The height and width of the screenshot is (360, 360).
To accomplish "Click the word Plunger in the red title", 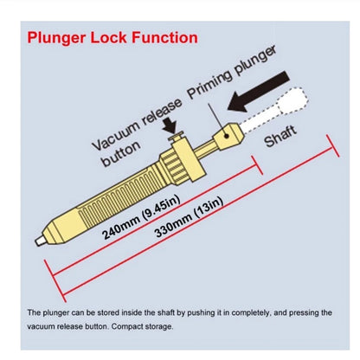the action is (56, 39).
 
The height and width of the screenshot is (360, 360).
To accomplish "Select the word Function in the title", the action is (165, 37).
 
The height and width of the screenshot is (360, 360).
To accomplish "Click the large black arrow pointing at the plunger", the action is (258, 92).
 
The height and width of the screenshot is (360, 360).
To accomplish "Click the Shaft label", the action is (280, 136).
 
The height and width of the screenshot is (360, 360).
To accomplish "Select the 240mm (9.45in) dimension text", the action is (141, 217).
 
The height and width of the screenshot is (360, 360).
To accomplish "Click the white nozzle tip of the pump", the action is (40, 241).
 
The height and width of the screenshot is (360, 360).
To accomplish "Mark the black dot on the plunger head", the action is (227, 135).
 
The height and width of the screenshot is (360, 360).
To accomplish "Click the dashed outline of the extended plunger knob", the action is (292, 101).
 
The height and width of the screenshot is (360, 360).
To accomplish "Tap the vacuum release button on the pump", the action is (177, 136).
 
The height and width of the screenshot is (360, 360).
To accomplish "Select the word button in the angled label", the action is (121, 154).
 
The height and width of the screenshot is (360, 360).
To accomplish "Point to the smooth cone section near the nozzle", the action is (60, 227).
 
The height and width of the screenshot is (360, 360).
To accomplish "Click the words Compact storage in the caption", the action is (142, 327).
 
